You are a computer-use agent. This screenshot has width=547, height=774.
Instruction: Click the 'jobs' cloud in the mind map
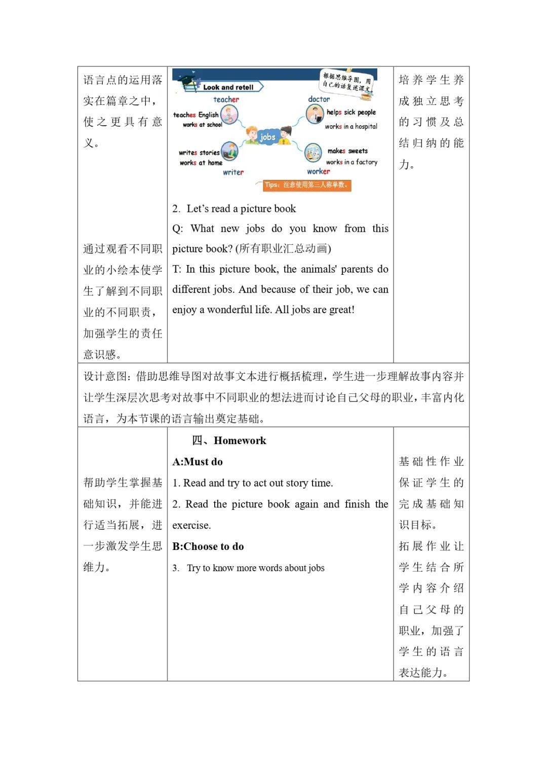click(267, 137)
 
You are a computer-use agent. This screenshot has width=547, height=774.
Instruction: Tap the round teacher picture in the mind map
click(229, 115)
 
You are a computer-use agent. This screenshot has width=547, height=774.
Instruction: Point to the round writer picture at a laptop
click(229, 151)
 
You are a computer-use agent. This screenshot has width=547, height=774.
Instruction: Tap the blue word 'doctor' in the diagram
click(319, 99)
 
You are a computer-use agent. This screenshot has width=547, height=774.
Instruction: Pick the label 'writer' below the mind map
click(233, 172)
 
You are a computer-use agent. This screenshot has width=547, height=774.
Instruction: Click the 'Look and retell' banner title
click(228, 87)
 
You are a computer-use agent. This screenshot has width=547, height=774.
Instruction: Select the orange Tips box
click(307, 185)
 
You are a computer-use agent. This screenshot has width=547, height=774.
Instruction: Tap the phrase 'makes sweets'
click(347, 151)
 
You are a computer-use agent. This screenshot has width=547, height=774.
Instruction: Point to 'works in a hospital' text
click(351, 127)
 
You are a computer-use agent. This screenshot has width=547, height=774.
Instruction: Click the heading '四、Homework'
click(229, 440)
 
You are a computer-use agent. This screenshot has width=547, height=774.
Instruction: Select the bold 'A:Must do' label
click(198, 462)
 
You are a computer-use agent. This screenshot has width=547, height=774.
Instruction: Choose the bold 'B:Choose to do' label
click(208, 546)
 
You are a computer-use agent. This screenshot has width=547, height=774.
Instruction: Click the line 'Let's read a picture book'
click(241, 209)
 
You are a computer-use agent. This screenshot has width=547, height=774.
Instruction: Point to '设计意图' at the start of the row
click(105, 377)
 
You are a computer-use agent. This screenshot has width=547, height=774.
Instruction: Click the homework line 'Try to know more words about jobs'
click(256, 568)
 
